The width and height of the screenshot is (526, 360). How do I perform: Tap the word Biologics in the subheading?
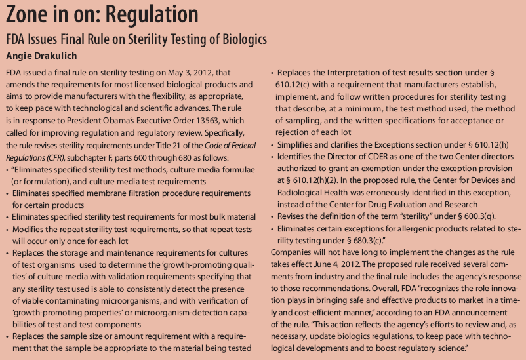coord(240,39)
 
